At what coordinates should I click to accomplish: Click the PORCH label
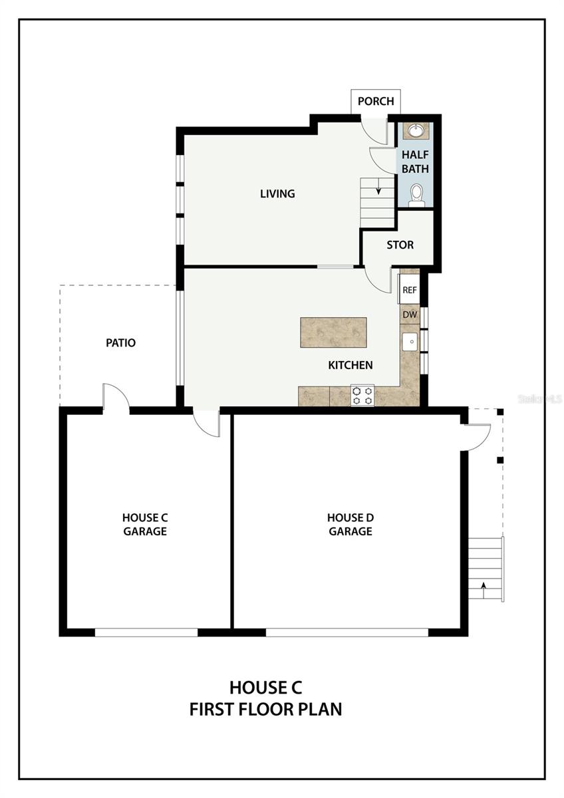click(x=376, y=101)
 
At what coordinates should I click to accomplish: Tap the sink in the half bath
click(x=415, y=130)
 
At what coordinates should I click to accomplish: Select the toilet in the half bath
click(x=416, y=196)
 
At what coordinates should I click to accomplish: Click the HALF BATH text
click(x=415, y=162)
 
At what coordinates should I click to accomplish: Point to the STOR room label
click(x=400, y=245)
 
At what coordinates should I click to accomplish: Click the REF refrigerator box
click(x=410, y=290)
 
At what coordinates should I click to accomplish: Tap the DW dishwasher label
click(x=410, y=315)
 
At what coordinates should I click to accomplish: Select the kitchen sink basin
click(x=411, y=342)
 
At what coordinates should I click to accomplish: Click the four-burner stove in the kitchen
click(x=362, y=395)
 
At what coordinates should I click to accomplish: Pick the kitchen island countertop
click(x=333, y=332)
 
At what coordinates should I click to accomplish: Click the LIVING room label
click(x=277, y=194)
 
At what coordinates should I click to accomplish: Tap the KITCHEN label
click(x=351, y=365)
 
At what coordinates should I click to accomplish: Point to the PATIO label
click(x=121, y=342)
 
